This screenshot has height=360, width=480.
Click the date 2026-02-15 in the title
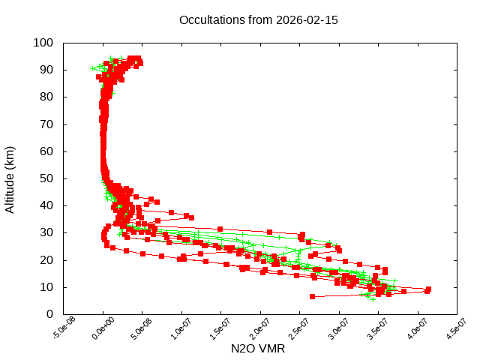307,20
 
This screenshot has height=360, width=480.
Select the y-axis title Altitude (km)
10,178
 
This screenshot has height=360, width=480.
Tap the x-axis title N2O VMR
258,349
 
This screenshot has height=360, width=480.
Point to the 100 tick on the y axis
43,43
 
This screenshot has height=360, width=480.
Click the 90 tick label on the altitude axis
46,70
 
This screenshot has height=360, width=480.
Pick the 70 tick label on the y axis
46,124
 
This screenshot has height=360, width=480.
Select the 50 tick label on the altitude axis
46,178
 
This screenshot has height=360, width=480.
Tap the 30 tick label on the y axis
46,232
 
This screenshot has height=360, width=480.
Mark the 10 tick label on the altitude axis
46,287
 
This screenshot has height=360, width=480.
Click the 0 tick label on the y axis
49,314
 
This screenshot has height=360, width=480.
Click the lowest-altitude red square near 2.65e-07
312,296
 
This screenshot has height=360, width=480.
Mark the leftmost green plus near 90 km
93,68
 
